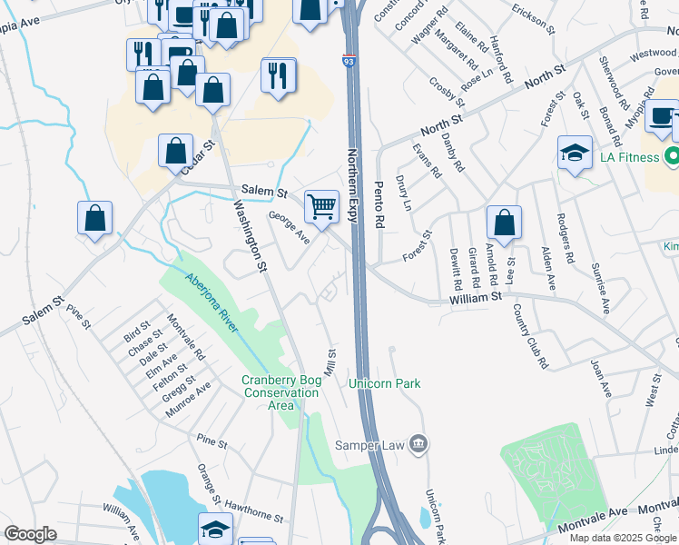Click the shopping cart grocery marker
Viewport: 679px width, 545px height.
321,207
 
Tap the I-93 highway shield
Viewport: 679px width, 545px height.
349,61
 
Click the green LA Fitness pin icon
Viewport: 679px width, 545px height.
671,156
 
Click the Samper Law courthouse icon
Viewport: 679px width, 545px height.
418,444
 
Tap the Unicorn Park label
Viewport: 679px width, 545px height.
385,384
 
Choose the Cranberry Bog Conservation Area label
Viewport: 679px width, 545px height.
280,392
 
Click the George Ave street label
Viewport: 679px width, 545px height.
290,227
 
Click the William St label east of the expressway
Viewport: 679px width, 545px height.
476,297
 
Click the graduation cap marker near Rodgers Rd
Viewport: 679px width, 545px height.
575,153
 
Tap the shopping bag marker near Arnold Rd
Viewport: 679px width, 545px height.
504,223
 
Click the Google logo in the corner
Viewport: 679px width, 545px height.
30,534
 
